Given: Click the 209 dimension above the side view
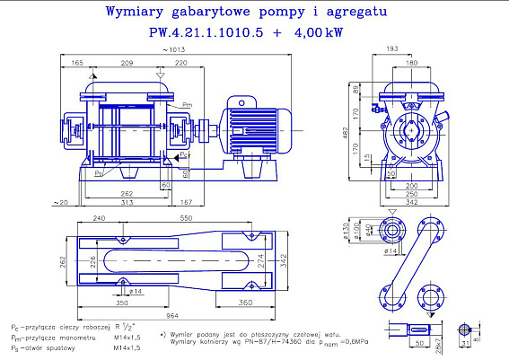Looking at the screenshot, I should (x=127, y=64).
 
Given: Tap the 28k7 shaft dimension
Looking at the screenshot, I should (x=441, y=343).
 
